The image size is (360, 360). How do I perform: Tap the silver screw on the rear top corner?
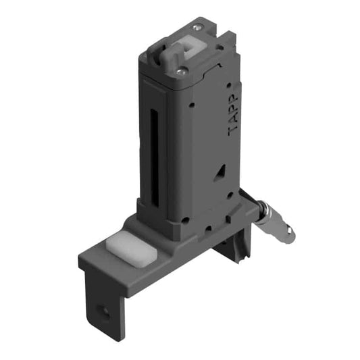pos(196,28)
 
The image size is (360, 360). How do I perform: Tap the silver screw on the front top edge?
pos(180,71)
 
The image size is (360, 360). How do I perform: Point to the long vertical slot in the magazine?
pos(155,157)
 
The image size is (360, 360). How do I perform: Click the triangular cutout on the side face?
pos(220,173)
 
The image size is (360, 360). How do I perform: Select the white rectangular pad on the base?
pos(131,249)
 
